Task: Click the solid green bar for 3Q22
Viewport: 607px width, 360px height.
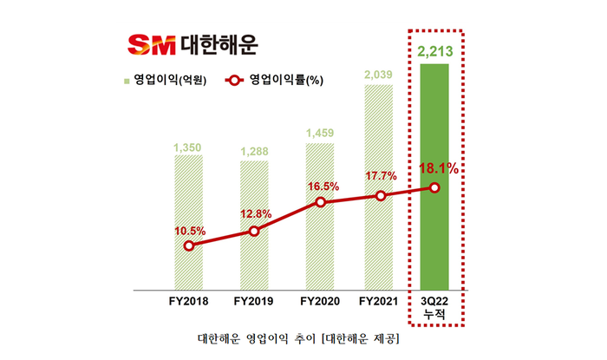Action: pyautogui.click(x=434, y=173)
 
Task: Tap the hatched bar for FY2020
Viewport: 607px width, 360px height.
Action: pyautogui.click(x=320, y=217)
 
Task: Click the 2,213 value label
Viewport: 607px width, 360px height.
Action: pyautogui.click(x=434, y=47)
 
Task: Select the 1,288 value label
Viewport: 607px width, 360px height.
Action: pyautogui.click(x=254, y=154)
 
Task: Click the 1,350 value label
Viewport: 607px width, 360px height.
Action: pyautogui.click(x=188, y=147)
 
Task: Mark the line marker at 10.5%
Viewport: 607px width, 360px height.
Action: pyautogui.click(x=188, y=245)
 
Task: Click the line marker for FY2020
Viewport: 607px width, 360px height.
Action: pyautogui.click(x=320, y=202)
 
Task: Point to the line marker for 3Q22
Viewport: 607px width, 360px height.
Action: pyautogui.click(x=434, y=188)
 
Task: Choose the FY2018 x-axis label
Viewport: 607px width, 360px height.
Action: pyautogui.click(x=188, y=301)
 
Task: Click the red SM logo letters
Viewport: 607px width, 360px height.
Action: pyautogui.click(x=151, y=43)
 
